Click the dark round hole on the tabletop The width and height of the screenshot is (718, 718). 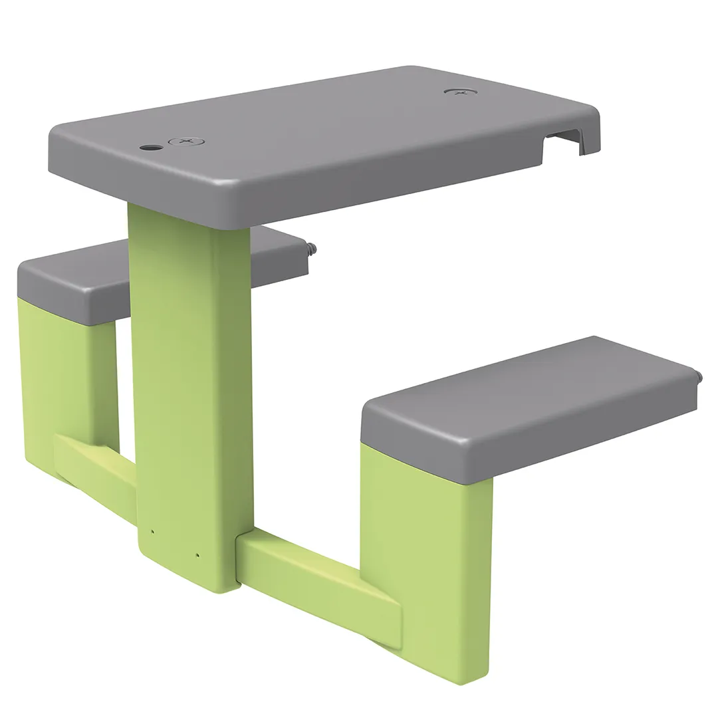(x=152, y=147)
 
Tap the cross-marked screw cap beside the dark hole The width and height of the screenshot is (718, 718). (x=186, y=142)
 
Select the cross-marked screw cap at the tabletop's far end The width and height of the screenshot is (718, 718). (x=460, y=91)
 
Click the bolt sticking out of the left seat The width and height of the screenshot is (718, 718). (x=311, y=250)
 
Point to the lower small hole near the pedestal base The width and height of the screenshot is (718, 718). (x=197, y=555)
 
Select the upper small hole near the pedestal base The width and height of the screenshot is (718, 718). (x=152, y=532)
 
